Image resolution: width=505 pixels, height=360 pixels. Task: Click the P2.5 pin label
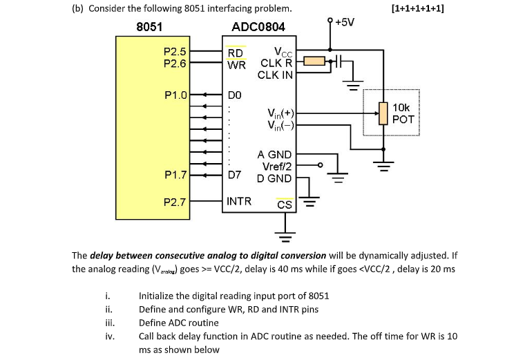coord(174,52)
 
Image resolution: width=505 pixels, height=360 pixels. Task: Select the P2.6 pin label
coord(174,64)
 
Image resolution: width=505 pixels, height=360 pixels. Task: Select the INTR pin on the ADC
coord(239,202)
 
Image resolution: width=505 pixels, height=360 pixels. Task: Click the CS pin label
coord(284,205)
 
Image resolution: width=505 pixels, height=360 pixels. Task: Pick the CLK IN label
coord(275,75)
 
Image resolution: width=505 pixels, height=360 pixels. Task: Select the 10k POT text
coord(403,113)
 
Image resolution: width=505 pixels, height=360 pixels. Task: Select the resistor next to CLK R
coord(314,63)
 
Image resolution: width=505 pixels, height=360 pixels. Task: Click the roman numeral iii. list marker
coord(109,322)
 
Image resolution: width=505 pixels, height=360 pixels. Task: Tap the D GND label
coord(275,178)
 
